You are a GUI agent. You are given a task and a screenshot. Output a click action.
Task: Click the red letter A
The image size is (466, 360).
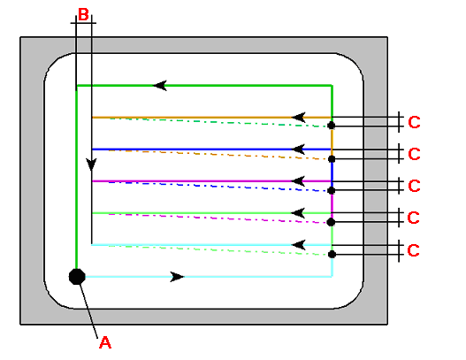[x=105, y=342]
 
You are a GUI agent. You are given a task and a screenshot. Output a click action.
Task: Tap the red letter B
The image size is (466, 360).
[x=83, y=14]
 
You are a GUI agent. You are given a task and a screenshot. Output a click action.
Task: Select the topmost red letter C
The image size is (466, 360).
[x=415, y=122]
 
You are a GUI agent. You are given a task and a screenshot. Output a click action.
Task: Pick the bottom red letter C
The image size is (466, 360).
[x=414, y=250]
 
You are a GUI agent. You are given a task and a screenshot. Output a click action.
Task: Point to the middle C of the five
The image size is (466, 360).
[x=415, y=186]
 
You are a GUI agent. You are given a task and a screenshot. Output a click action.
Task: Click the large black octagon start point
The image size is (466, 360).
[x=77, y=277]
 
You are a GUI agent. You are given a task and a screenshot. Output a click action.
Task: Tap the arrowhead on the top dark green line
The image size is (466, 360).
[x=160, y=86]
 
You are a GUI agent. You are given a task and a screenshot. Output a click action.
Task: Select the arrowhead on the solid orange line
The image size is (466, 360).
[x=298, y=118]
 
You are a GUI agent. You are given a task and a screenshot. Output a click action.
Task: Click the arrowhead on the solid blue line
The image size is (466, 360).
[x=298, y=149]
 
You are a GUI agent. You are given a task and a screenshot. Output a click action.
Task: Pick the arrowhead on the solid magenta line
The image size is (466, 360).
[x=298, y=181]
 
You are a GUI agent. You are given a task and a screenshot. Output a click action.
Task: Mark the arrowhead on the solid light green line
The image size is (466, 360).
[x=298, y=213]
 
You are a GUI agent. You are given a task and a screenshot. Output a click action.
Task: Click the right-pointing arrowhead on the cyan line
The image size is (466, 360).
[x=177, y=277]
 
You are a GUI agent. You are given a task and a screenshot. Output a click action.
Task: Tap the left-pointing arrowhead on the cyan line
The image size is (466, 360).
[x=298, y=245]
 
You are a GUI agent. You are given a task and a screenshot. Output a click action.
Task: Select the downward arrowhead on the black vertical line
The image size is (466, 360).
[x=91, y=165]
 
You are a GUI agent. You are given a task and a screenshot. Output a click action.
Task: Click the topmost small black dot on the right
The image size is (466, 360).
[x=331, y=126]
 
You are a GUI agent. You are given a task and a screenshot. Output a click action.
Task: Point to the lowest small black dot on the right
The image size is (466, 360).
[x=332, y=254]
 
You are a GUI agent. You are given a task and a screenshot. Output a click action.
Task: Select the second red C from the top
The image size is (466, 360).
[x=415, y=154]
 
